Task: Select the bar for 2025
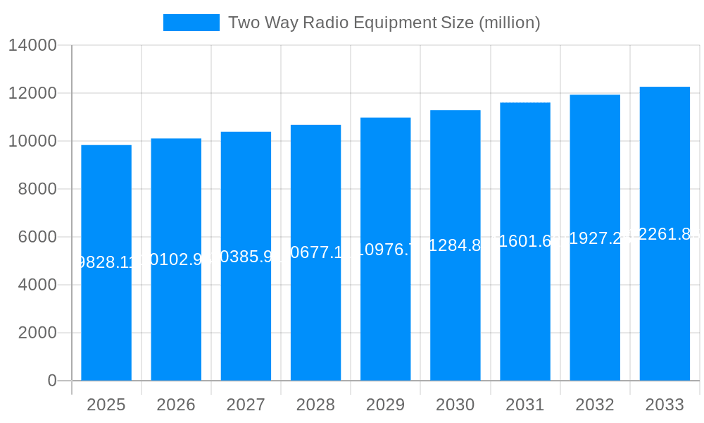[106, 317]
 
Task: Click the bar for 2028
[315, 317]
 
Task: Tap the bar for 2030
[455, 317]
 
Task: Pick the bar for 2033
[665, 317]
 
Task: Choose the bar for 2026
[176, 317]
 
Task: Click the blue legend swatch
[191, 23]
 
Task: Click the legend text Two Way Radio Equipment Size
[384, 23]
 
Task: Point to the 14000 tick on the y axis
[32, 45]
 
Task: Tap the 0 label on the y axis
[52, 381]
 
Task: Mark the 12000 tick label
[32, 93]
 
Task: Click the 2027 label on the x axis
[246, 405]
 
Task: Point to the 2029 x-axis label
[385, 405]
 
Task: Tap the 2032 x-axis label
[595, 405]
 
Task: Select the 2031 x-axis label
[525, 405]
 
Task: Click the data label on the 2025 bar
[106, 262]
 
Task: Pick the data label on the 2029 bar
[385, 249]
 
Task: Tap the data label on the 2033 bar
[665, 234]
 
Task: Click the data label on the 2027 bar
[246, 256]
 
